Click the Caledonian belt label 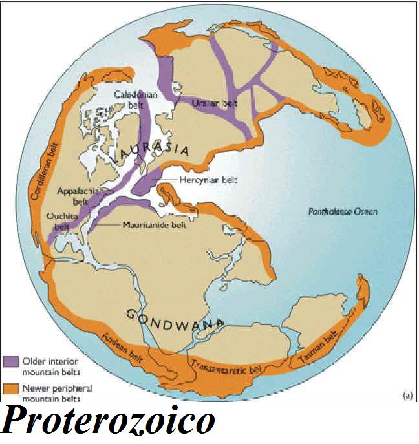131,100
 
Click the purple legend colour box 12,361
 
